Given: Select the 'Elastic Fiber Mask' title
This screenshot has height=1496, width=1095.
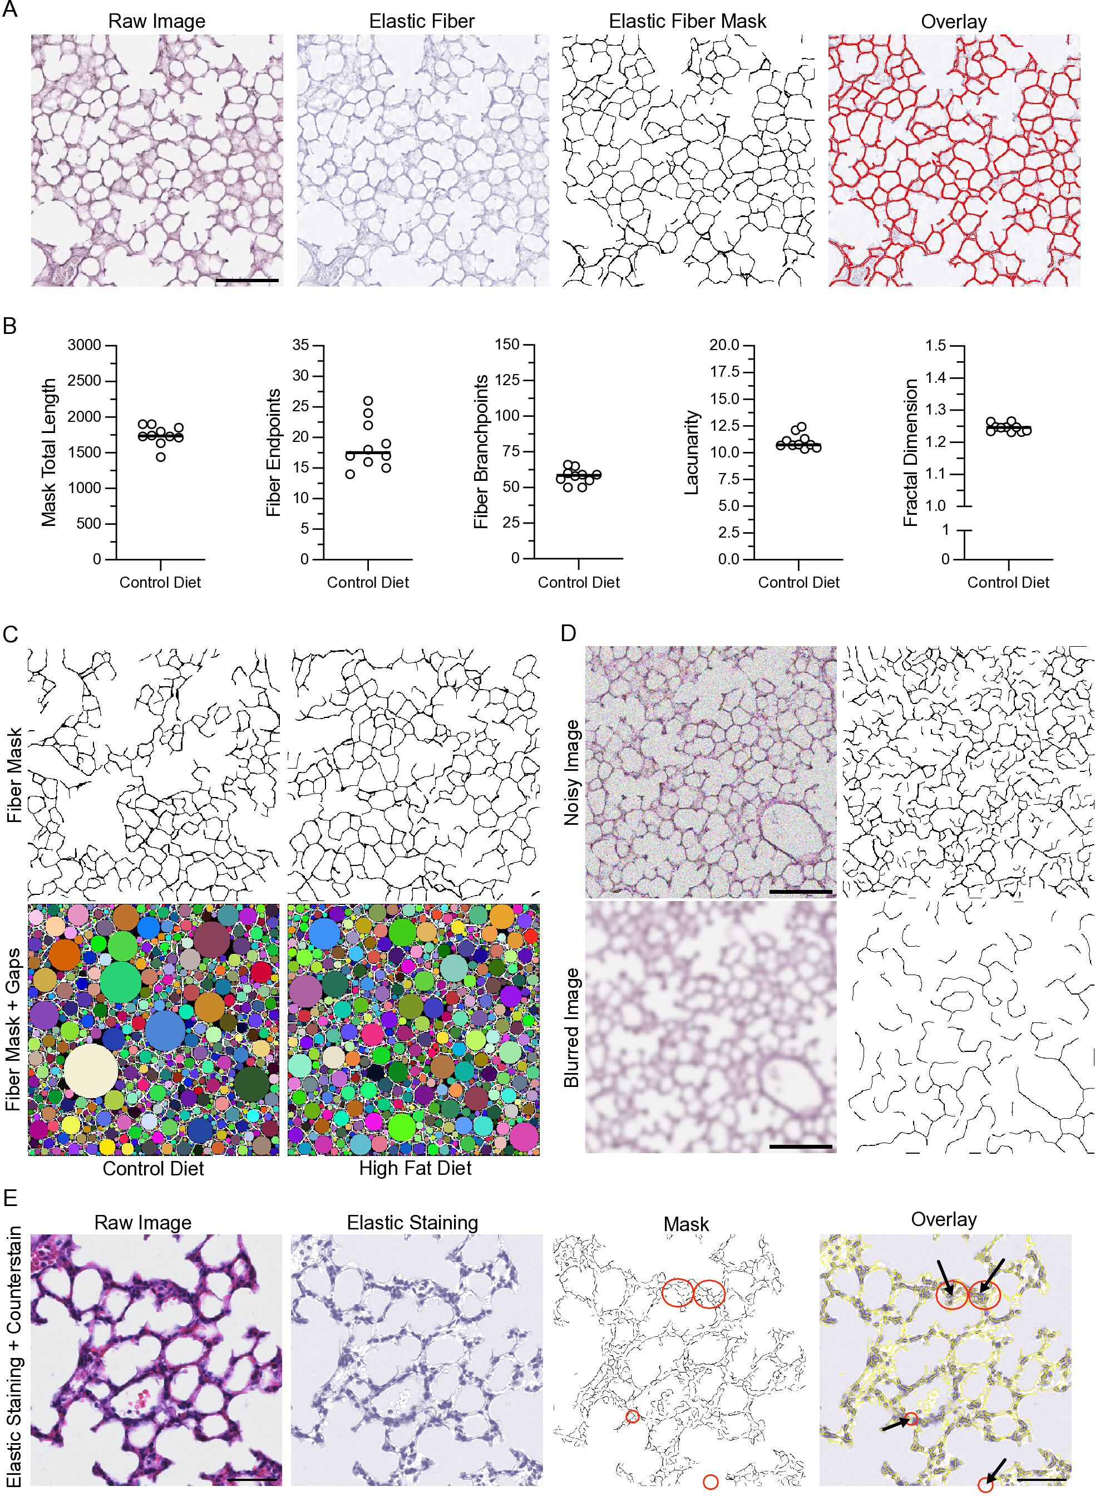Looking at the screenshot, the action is click(687, 21).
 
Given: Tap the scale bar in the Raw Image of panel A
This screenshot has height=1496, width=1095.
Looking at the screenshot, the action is click(247, 280).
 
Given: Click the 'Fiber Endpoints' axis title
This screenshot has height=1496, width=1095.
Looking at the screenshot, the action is click(274, 452).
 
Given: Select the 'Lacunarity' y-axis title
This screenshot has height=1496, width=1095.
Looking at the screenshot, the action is click(692, 452).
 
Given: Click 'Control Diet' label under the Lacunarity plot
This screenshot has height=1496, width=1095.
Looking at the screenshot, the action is click(798, 583).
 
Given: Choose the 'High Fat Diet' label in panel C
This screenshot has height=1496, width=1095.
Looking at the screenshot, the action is click(415, 1168).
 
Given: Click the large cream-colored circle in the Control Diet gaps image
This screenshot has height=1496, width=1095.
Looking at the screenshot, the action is click(91, 1070).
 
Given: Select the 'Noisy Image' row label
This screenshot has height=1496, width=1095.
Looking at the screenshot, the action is click(571, 773).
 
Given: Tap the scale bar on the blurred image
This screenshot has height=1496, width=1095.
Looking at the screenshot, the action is click(801, 1146).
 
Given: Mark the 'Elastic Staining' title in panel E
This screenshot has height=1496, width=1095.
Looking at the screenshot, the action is click(412, 1222).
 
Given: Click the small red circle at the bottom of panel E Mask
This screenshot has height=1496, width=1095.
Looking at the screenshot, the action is click(710, 1482).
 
